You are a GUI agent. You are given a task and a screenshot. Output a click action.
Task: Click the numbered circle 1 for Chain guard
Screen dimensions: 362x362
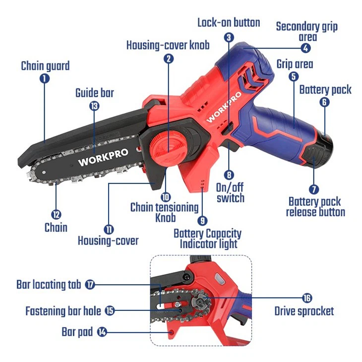click(45, 78)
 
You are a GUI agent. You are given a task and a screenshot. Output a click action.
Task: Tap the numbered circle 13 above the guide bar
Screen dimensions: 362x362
click(94, 105)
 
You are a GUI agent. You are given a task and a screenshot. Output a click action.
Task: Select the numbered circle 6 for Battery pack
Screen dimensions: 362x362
click(324, 102)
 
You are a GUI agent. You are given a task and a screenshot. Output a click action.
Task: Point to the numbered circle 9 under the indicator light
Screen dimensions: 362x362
click(202, 220)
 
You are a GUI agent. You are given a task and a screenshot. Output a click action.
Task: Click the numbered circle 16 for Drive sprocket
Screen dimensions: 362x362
click(307, 298)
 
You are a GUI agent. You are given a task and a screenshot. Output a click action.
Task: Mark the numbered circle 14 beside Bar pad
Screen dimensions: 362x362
click(102, 331)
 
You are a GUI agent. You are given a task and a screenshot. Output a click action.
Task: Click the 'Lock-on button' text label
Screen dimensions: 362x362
click(229, 22)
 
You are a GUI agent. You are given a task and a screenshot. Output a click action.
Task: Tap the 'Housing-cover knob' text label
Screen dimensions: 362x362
click(168, 45)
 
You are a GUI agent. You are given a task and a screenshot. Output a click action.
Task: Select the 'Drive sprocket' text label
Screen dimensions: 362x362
click(304, 311)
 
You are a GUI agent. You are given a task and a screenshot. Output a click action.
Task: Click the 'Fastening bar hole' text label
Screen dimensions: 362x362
click(63, 311)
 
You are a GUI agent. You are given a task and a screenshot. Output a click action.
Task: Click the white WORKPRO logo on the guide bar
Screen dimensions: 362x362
click(103, 157)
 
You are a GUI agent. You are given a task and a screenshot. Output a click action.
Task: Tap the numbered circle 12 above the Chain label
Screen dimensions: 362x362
click(56, 215)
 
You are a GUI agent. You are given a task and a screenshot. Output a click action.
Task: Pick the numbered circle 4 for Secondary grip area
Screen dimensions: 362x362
click(306, 48)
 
